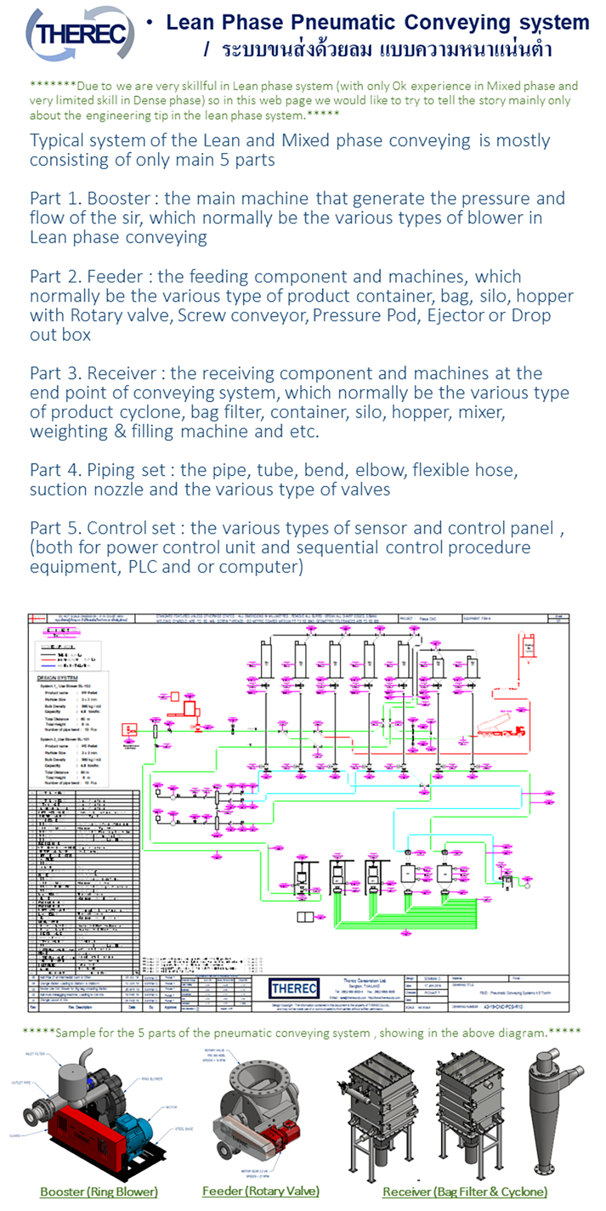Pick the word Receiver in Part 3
point(121,373)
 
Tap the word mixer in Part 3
point(481,412)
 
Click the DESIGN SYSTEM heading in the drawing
point(57,678)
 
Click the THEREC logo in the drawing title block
point(294,988)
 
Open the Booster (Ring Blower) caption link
point(98,1191)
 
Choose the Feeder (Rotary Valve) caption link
point(260,1190)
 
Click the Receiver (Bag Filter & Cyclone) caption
point(465,1191)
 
